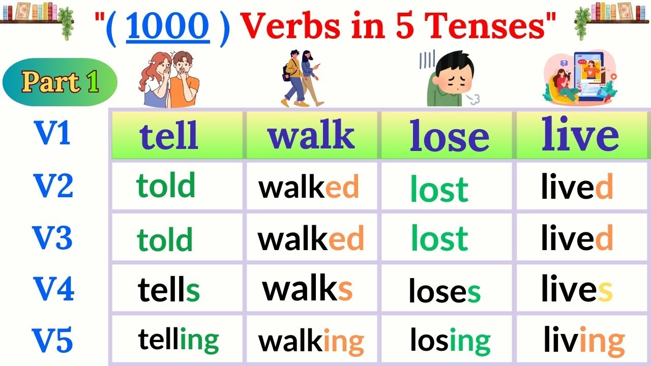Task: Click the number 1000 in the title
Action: pyautogui.click(x=168, y=26)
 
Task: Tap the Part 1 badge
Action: pyautogui.click(x=60, y=82)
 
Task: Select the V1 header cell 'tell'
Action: pyautogui.click(x=169, y=135)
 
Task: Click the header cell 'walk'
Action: pyautogui.click(x=311, y=135)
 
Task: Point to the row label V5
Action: pyautogui.click(x=53, y=340)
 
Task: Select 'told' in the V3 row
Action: pyautogui.click(x=165, y=239)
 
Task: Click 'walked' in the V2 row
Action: pyautogui.click(x=309, y=187)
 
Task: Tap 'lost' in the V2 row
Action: pyautogui.click(x=439, y=189)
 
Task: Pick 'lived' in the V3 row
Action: pyautogui.click(x=577, y=238)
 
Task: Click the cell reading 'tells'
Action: pyautogui.click(x=169, y=290)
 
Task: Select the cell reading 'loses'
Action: pyautogui.click(x=444, y=291)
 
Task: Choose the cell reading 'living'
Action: pyautogui.click(x=584, y=340)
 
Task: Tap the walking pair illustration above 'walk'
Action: pyautogui.click(x=302, y=79)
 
